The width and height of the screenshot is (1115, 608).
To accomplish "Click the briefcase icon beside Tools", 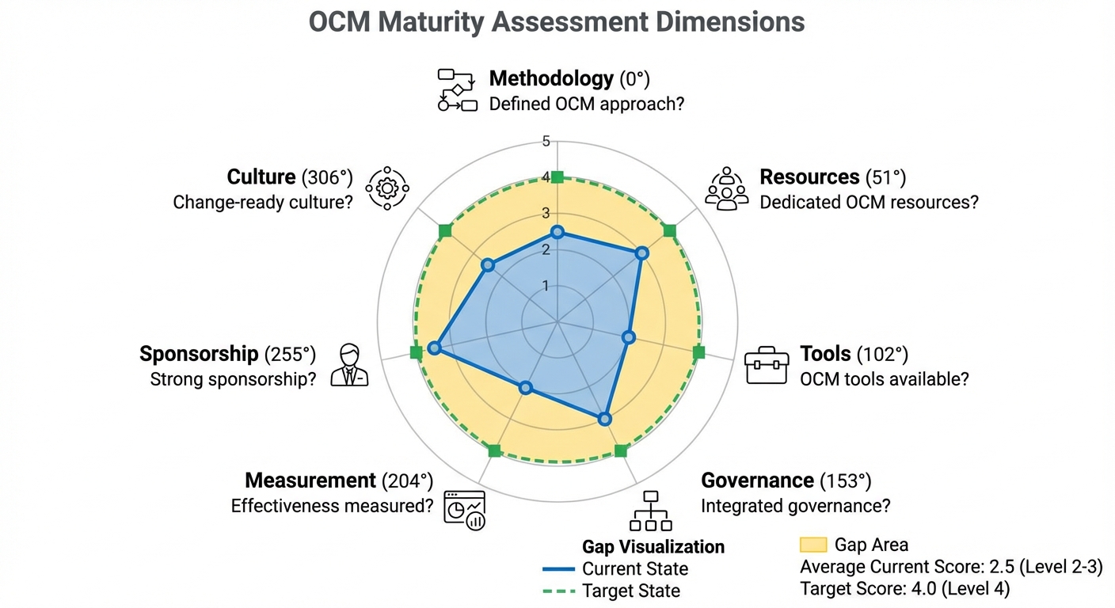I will [767, 365].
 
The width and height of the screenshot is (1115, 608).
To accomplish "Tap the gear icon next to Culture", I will [386, 188].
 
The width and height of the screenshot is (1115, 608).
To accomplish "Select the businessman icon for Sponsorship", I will [349, 365].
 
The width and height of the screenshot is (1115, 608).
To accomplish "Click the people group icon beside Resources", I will [726, 188].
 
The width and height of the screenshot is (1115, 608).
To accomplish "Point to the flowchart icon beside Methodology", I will [458, 89].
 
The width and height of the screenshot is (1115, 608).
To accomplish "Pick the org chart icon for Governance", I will [651, 511].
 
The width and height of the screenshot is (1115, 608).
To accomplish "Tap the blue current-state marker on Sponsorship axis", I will [433, 348].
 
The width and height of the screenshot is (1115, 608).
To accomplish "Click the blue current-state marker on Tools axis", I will [628, 337].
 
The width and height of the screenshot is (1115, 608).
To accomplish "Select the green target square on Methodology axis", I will [557, 177].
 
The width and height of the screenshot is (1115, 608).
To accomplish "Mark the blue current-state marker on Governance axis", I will [604, 419].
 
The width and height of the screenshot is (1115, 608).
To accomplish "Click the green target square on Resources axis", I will [669, 231].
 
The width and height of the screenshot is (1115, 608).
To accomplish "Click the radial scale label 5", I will [546, 142].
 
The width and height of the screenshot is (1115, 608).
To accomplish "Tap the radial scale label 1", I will [546, 286].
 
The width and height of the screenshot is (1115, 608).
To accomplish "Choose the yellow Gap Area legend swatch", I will [813, 545].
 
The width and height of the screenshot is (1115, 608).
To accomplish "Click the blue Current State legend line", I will [558, 569].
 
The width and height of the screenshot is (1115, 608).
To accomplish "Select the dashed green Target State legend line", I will [558, 591].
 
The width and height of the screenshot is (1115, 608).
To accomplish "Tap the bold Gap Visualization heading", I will [653, 547].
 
